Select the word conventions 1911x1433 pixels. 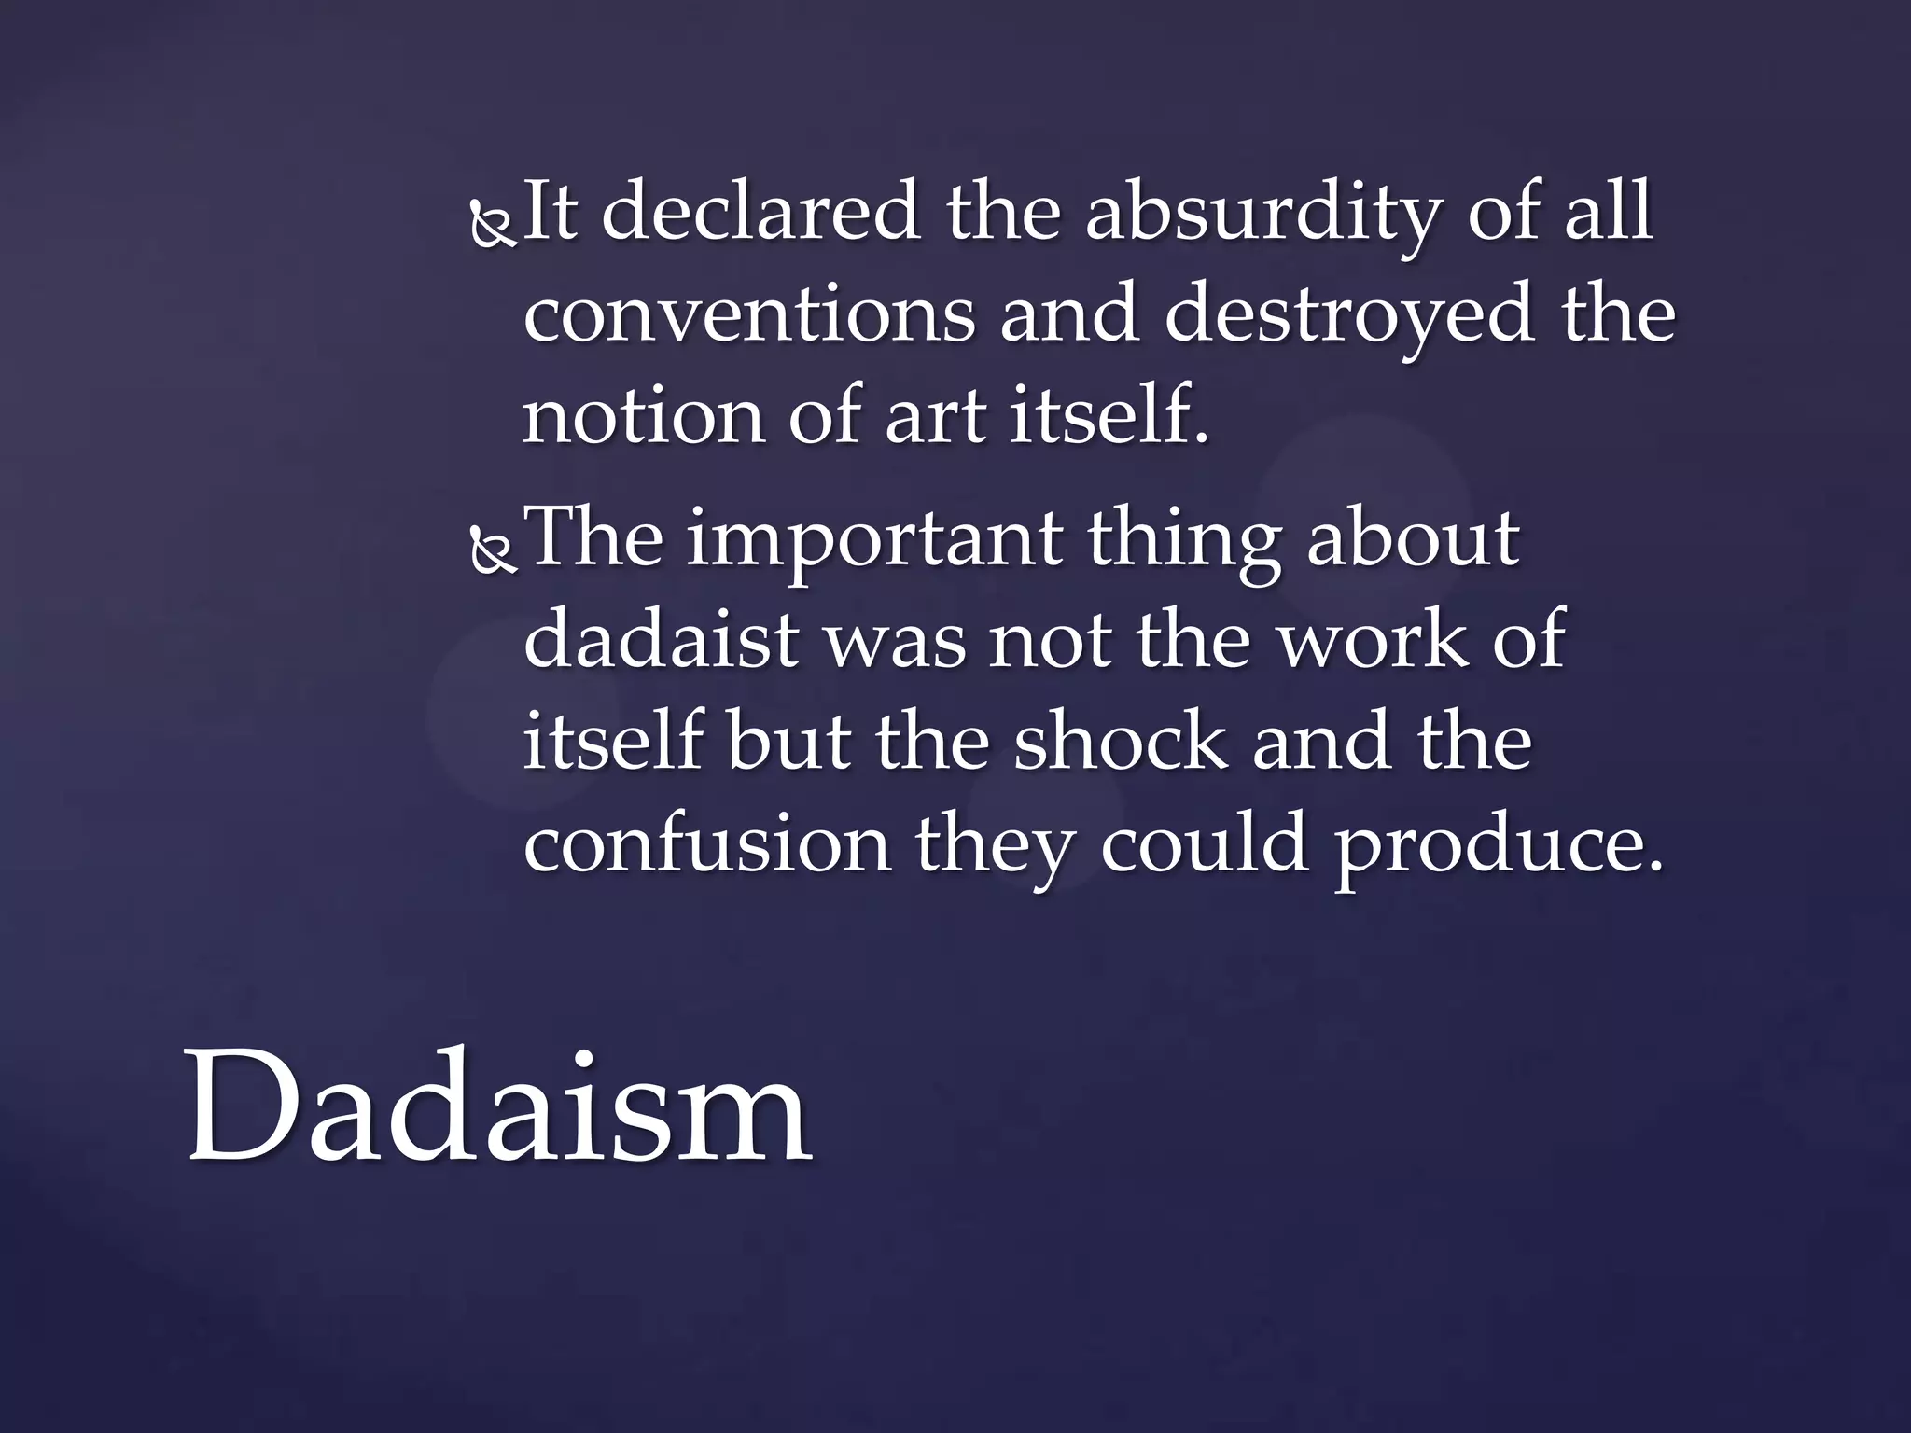pyautogui.click(x=749, y=314)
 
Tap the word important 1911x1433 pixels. pyautogui.click(x=874, y=541)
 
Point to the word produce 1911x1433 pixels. pyautogui.click(x=1499, y=846)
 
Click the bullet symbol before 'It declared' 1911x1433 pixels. pyautogui.click(x=493, y=226)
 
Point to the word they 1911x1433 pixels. pyautogui.click(x=995, y=846)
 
